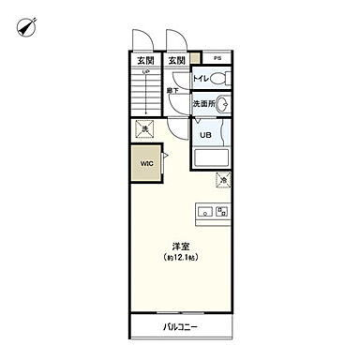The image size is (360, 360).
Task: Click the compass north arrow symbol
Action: (24, 29)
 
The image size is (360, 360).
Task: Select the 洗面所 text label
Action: (203, 104)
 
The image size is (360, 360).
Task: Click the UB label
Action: (204, 134)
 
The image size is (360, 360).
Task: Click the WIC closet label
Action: (145, 163)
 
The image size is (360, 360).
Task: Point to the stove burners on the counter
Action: (221, 212)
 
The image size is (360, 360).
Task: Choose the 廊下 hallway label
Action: (173, 91)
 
